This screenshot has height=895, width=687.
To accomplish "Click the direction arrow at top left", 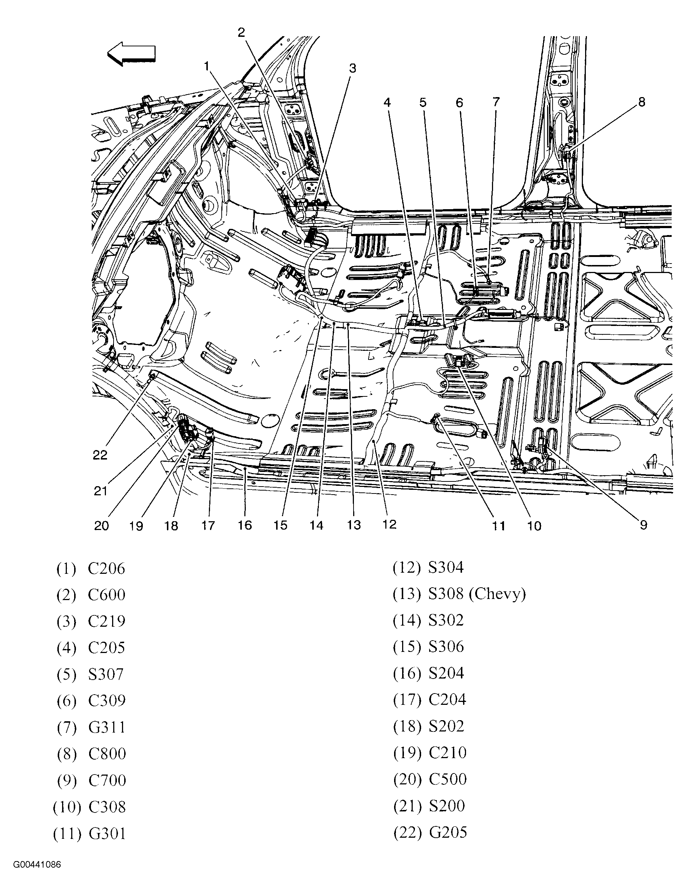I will click(131, 54).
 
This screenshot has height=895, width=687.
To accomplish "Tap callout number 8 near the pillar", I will click(641, 102).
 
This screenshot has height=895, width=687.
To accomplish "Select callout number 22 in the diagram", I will click(100, 455).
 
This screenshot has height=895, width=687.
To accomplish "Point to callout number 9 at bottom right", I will click(643, 525).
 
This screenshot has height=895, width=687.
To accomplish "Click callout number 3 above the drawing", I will click(352, 68).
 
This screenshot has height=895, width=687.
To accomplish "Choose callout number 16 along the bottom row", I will click(245, 525).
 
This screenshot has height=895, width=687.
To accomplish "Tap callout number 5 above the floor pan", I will click(423, 103).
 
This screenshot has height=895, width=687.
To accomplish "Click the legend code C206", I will click(106, 568).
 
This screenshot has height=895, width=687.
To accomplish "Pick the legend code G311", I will click(107, 727).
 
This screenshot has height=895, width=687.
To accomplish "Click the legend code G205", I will click(448, 833).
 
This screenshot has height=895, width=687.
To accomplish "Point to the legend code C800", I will click(107, 754).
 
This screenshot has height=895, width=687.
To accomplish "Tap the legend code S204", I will click(446, 673).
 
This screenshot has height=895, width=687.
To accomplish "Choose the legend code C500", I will click(448, 779).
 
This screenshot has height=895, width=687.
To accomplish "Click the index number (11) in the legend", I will click(67, 834).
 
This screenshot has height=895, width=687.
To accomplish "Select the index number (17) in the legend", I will click(407, 700).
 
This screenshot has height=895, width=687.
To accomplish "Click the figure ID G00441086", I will click(37, 876).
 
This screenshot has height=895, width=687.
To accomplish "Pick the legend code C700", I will click(107, 780).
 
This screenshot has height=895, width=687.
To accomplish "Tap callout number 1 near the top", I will click(207, 66).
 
